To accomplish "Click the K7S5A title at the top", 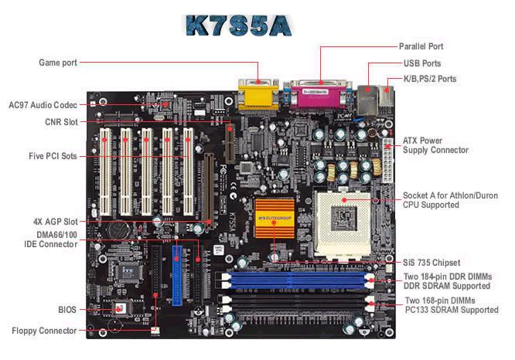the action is (239, 25).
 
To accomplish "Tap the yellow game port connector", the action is (258, 94).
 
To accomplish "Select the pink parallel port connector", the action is (318, 94).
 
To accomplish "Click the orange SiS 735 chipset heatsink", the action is (275, 218).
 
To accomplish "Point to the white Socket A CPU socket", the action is (343, 224).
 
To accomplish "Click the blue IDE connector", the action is (177, 276).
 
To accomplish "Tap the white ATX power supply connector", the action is (387, 161).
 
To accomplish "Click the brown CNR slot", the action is (230, 142).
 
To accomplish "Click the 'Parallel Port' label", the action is (421, 46).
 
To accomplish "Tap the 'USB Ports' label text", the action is (422, 63).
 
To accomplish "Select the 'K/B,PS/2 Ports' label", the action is (430, 79).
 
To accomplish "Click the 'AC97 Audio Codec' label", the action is (43, 105).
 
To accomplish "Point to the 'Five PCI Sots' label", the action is (53, 156).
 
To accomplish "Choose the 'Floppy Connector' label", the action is (44, 331).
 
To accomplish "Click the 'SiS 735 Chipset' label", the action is (431, 263).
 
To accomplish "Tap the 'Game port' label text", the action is (58, 63).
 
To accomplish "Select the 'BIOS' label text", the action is (67, 310).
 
